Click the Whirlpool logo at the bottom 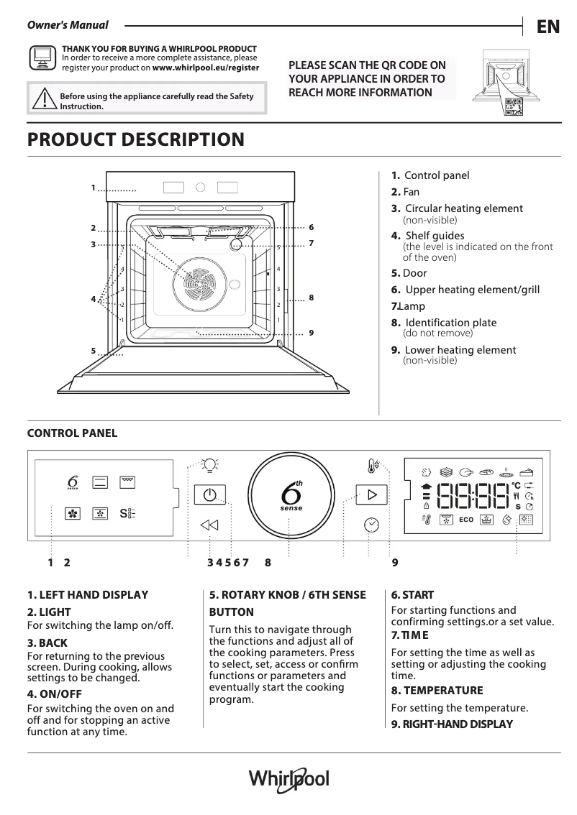tap(288, 779)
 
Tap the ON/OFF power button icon tap(209, 495)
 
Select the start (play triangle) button tap(371, 495)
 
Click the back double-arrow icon tap(209, 525)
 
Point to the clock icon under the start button tap(371, 525)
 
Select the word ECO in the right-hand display tap(465, 519)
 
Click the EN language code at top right tap(548, 27)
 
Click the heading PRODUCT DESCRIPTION tap(135, 139)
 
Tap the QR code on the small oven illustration tap(514, 106)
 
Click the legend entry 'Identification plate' tap(450, 323)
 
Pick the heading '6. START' tap(412, 595)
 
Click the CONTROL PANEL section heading tap(72, 433)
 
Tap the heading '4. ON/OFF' tap(54, 694)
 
